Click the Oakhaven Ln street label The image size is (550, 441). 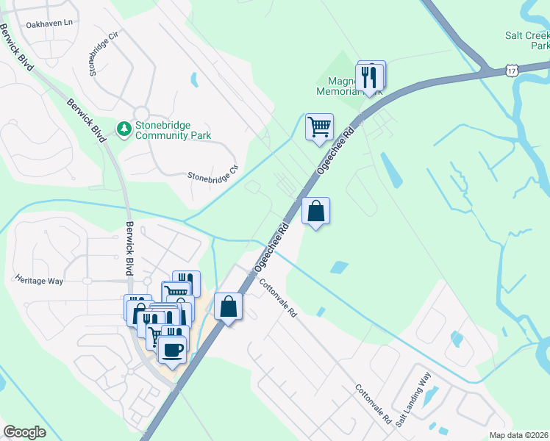coord(50,24)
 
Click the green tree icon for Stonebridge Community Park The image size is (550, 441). coord(124,130)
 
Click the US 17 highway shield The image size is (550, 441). coord(512,69)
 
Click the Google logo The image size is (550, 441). coord(24,432)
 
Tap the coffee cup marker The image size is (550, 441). coord(173,351)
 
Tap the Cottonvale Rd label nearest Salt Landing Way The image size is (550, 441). coord(374,404)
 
